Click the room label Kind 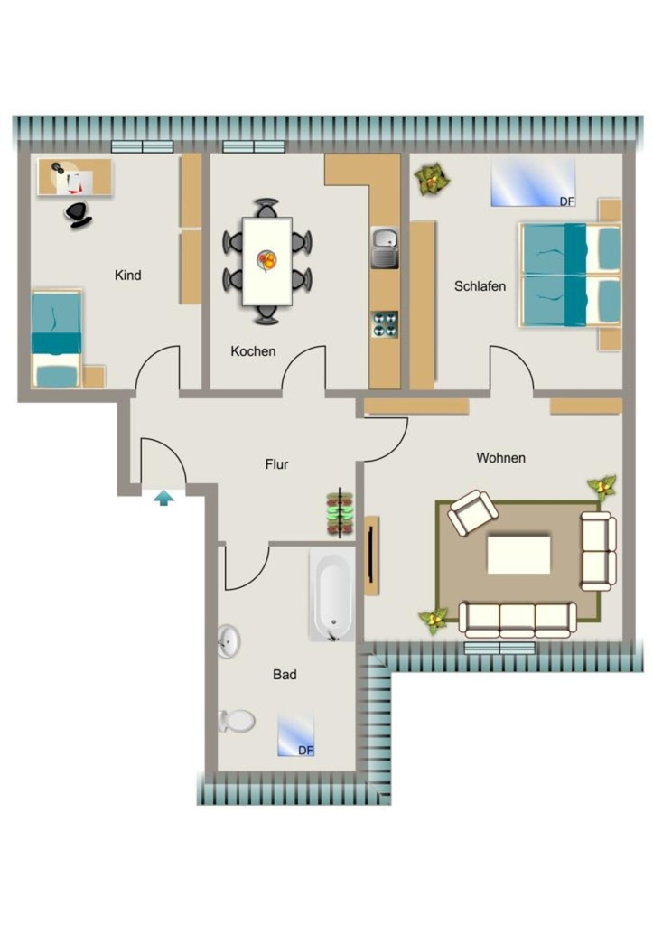(x=127, y=276)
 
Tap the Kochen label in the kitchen (x=253, y=351)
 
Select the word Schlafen (x=480, y=286)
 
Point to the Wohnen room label (x=500, y=458)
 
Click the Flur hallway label (x=276, y=465)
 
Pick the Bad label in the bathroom (x=285, y=675)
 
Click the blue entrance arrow (x=164, y=499)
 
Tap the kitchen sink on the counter (x=385, y=248)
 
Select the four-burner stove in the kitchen (x=385, y=324)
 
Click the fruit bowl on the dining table (x=267, y=260)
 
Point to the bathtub (x=332, y=594)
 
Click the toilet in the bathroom (x=237, y=720)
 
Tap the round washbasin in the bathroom (x=229, y=641)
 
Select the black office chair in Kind (x=79, y=214)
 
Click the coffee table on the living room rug (x=519, y=555)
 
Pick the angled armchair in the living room (x=472, y=512)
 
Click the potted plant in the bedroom (x=432, y=181)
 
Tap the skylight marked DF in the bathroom (x=295, y=735)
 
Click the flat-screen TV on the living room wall (x=370, y=556)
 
